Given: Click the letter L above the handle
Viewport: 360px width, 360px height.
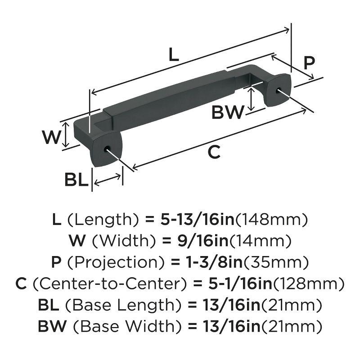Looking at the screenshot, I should [x=174, y=55].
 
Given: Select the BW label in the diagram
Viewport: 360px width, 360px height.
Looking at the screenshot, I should [x=228, y=112].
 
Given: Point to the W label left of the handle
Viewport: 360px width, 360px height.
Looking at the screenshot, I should [x=51, y=136].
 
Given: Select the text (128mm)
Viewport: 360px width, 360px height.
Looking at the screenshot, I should [x=309, y=284].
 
